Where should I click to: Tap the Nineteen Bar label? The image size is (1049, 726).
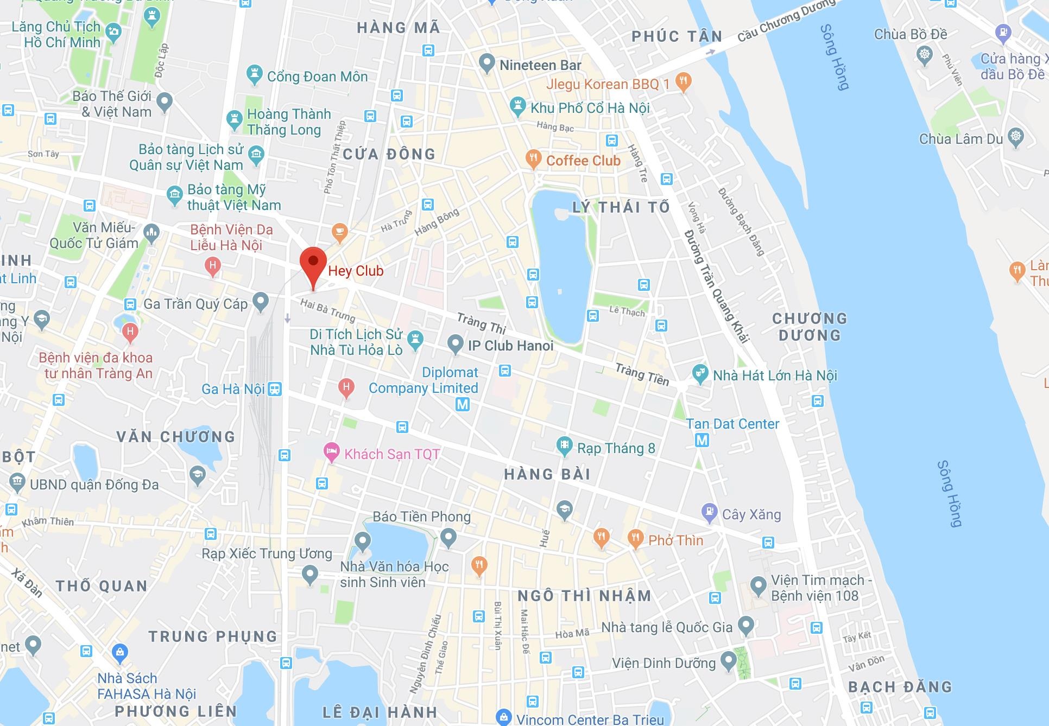(x=540, y=66)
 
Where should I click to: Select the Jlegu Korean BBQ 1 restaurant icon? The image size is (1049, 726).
(x=684, y=82)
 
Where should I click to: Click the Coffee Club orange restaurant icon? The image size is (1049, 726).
(x=534, y=160)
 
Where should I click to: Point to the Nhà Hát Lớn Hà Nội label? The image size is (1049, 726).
(x=775, y=375)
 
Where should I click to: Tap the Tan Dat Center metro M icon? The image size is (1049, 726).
(x=702, y=440)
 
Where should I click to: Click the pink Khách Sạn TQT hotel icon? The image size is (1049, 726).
(x=331, y=452)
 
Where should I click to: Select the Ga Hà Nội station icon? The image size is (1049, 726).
(x=275, y=389)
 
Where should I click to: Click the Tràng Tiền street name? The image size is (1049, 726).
(x=642, y=374)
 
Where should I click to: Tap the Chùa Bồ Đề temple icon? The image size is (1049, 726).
(x=924, y=55)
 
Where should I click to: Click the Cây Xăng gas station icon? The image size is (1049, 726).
(x=709, y=512)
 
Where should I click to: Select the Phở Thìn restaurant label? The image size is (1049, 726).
(x=675, y=540)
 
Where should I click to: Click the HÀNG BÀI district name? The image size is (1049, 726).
(x=547, y=475)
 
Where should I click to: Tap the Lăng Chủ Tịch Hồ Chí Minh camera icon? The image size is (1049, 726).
(x=113, y=31)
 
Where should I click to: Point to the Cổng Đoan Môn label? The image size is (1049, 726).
(x=317, y=77)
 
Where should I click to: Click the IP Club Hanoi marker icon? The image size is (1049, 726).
(x=455, y=343)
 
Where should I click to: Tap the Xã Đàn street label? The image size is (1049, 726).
(x=27, y=583)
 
